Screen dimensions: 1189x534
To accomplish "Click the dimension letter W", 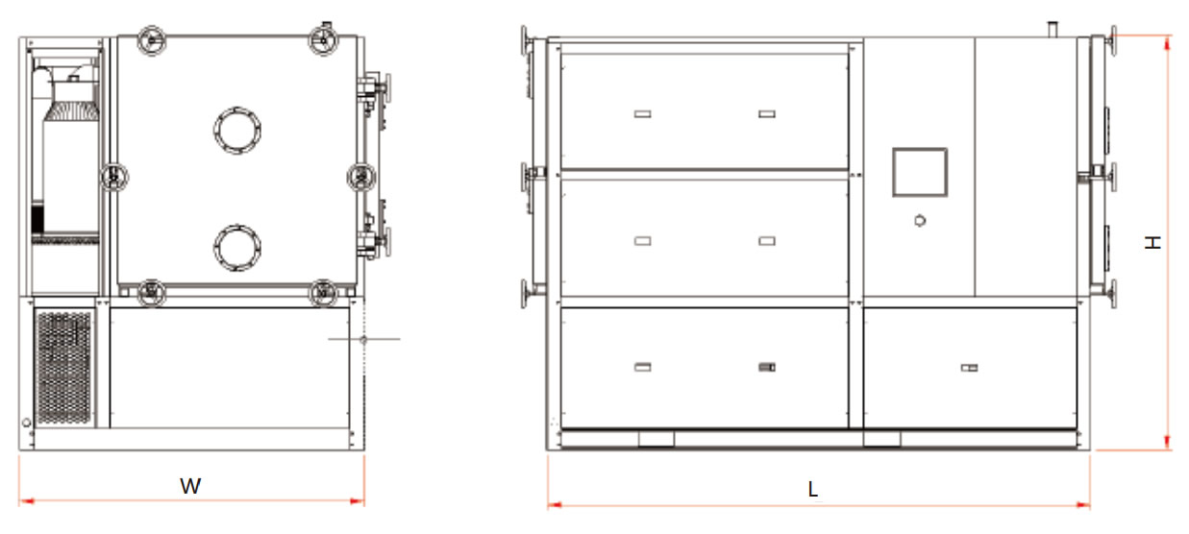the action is point(190,486).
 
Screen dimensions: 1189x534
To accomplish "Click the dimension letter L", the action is point(812,489).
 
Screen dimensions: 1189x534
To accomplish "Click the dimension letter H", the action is point(1152,243).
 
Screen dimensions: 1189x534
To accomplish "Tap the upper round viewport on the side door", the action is point(237,131).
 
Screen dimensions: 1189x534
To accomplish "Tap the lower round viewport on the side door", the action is point(237,248).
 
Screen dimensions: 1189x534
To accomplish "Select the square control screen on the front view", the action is point(920,172).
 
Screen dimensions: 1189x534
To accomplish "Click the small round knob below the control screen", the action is point(920,221).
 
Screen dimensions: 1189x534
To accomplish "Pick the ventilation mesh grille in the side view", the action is point(63,368).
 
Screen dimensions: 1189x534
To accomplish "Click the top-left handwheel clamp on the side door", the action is point(151,40).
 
